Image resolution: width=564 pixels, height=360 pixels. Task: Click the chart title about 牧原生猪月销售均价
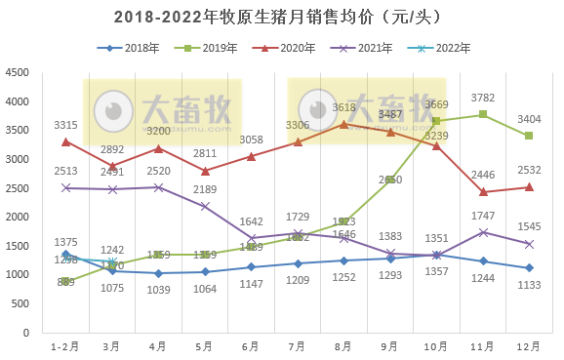point(281,17)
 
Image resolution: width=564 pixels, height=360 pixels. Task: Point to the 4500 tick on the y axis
point(17,73)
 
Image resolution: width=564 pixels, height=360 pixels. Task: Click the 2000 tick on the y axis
point(17,217)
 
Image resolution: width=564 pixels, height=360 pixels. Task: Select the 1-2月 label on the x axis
point(65,347)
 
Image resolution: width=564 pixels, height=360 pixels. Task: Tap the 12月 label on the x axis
point(528,347)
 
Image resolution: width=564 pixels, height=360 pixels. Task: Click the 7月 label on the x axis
point(297,347)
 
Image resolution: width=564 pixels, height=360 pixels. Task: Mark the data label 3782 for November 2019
point(482,98)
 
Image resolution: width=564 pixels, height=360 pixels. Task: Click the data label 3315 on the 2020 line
point(65,124)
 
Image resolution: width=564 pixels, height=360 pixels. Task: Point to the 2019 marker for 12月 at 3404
point(528,136)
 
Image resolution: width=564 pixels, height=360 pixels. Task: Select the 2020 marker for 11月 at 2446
point(482,192)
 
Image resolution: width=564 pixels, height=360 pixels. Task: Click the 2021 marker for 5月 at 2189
point(204,206)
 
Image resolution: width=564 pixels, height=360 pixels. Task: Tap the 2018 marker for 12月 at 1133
point(528,267)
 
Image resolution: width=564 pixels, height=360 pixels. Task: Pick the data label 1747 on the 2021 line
point(482,216)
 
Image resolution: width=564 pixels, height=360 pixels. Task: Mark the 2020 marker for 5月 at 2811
point(204,171)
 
